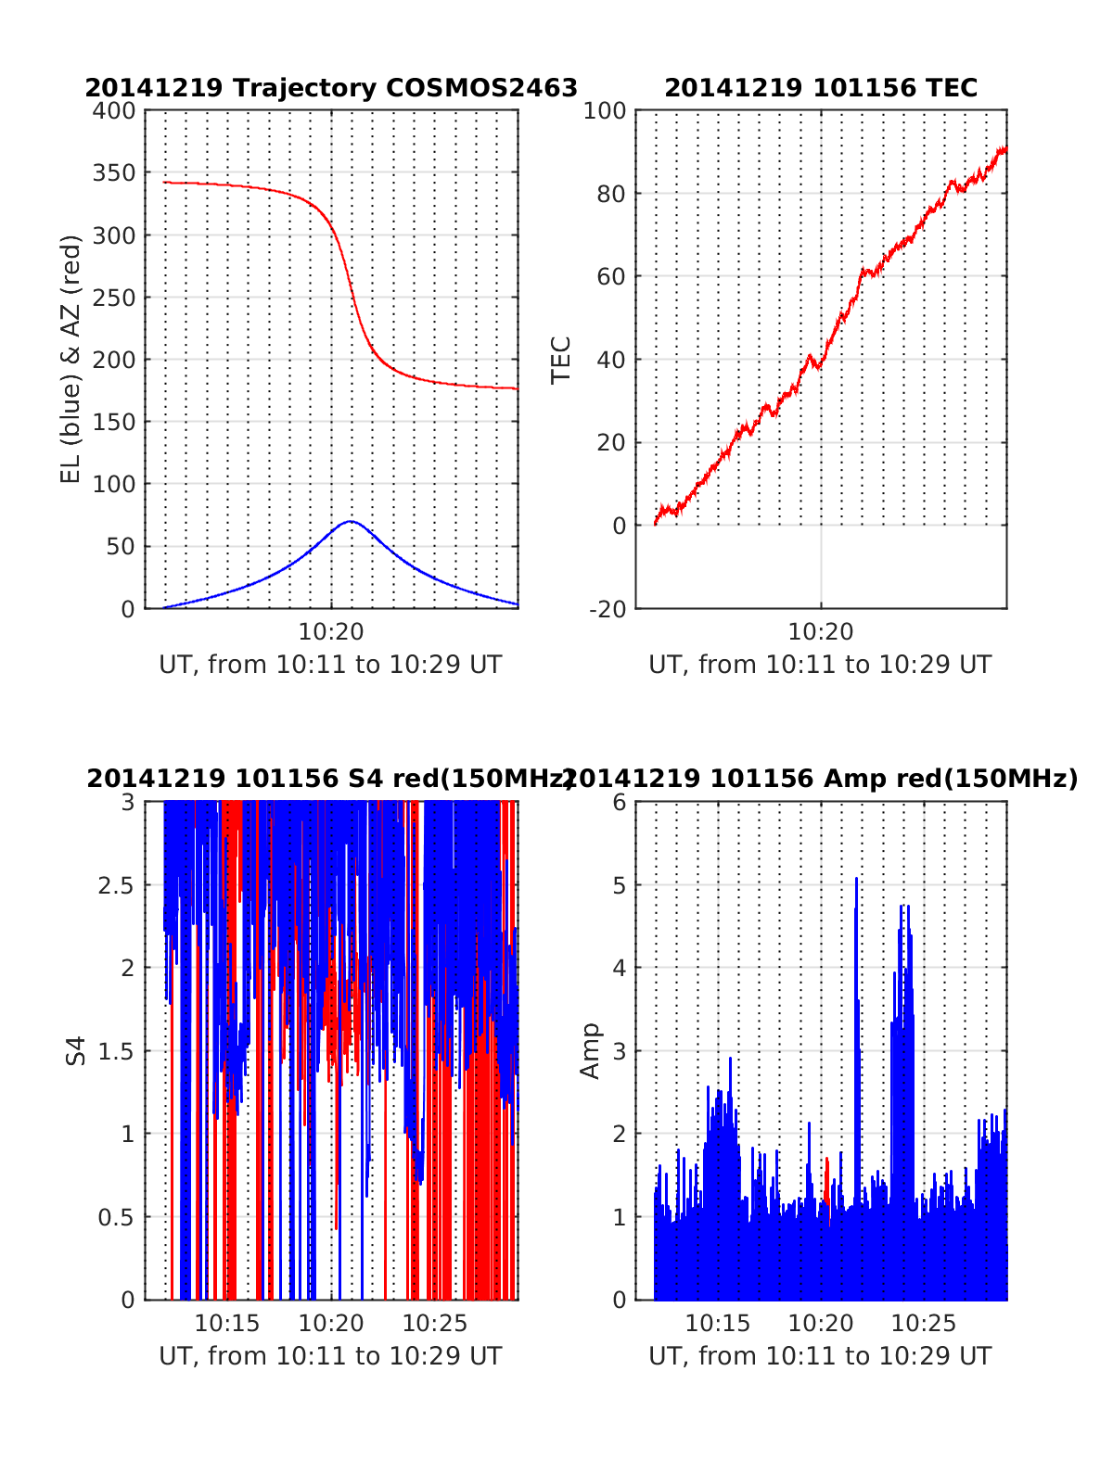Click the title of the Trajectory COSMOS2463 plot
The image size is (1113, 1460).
331,88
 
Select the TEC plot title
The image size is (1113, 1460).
821,88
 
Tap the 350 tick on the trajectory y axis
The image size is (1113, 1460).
113,173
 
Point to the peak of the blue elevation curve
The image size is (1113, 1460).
350,522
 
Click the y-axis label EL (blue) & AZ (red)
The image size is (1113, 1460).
71,359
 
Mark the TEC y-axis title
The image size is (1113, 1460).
561,360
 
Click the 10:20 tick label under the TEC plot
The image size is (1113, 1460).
821,632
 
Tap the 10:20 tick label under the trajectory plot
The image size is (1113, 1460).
331,632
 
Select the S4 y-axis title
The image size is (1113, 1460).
76,1051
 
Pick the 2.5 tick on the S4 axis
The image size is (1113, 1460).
116,885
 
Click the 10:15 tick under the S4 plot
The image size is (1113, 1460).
227,1323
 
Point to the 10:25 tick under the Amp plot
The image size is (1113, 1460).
923,1323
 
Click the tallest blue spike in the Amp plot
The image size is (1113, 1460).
856,881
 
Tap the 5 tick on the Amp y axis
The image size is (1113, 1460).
619,885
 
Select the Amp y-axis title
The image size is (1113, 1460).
590,1051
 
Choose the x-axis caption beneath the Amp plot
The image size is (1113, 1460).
821,1356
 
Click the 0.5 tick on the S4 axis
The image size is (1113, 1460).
116,1217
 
